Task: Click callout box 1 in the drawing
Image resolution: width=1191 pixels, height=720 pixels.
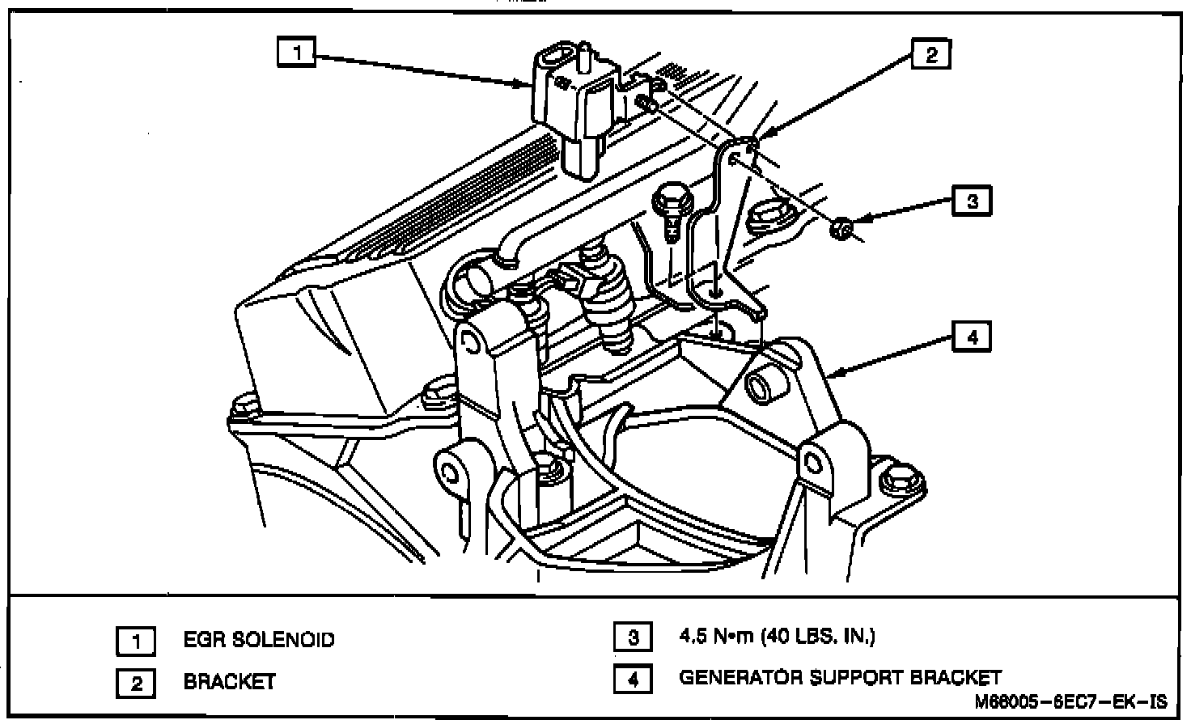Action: click(x=297, y=53)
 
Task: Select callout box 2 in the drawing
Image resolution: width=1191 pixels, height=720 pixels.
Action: click(x=931, y=54)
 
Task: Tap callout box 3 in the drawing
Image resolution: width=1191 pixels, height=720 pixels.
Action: click(x=972, y=200)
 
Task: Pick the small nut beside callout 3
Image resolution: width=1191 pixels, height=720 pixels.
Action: click(x=841, y=231)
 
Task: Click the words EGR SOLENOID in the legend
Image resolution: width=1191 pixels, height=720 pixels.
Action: click(x=258, y=640)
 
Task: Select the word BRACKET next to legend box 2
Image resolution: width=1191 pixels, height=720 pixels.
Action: click(x=229, y=682)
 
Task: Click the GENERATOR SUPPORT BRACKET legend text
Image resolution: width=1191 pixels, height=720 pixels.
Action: click(x=840, y=678)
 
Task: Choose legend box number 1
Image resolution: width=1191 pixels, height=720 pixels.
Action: click(x=137, y=642)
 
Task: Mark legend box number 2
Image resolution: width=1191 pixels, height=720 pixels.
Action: click(x=137, y=684)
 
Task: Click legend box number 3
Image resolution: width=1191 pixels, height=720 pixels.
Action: click(x=634, y=637)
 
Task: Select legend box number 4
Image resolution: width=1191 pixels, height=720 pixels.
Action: click(x=634, y=680)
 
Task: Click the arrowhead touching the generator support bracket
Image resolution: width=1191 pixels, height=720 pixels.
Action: click(x=837, y=373)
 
